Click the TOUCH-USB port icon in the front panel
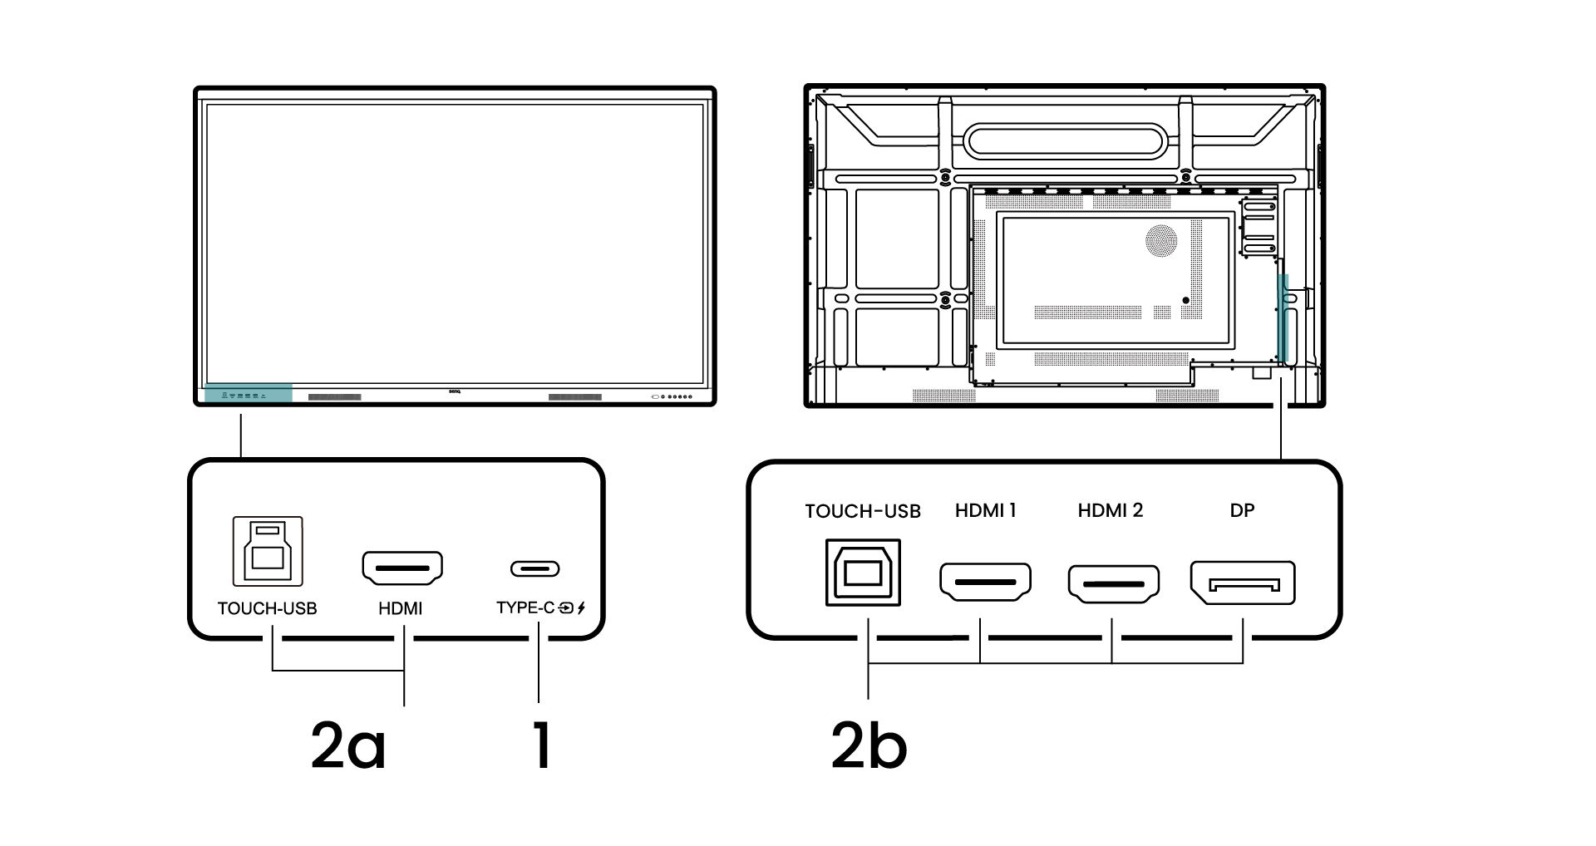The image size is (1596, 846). (267, 552)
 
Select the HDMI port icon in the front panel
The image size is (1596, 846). (402, 569)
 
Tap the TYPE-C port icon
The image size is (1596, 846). (534, 569)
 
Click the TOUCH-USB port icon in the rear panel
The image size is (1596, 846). (862, 573)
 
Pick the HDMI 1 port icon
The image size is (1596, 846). (985, 582)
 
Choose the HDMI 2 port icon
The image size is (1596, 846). (1113, 583)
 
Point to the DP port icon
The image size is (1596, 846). (1242, 583)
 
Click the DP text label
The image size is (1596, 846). (1242, 510)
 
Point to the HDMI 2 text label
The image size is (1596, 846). (1110, 510)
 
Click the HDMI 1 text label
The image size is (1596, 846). (985, 510)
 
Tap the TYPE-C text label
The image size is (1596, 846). (525, 607)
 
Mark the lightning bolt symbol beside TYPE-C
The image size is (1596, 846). (581, 607)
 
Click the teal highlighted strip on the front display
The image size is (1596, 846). (248, 394)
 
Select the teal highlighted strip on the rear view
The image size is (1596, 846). (1283, 320)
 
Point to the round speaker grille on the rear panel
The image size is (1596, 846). (1161, 240)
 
